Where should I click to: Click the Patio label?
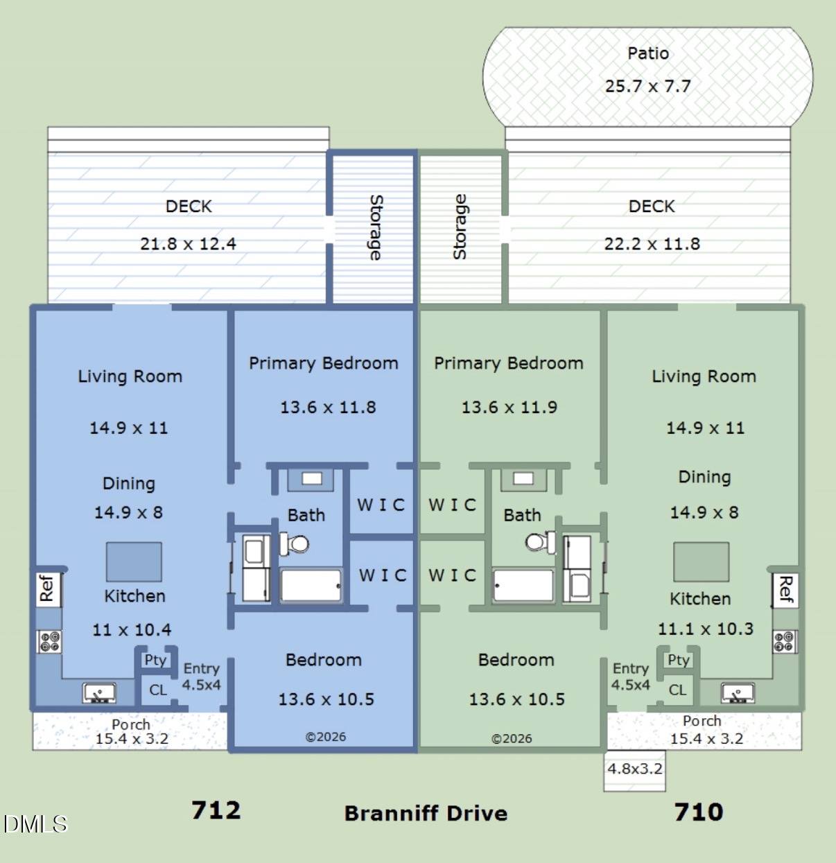click(x=648, y=53)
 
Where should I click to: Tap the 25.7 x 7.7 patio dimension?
click(x=648, y=86)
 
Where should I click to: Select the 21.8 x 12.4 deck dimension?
click(x=188, y=244)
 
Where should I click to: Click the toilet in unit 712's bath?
click(x=294, y=543)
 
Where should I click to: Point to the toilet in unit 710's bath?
click(x=540, y=542)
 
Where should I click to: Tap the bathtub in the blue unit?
click(x=311, y=586)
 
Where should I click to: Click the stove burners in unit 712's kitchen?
click(x=49, y=642)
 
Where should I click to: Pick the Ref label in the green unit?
click(x=785, y=590)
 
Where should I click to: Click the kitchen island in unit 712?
click(x=134, y=561)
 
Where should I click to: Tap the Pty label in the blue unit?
click(x=155, y=661)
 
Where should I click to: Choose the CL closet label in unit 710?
click(x=677, y=690)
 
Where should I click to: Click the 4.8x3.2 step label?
click(x=635, y=769)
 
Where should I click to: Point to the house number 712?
click(x=216, y=810)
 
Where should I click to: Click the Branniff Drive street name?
click(x=426, y=813)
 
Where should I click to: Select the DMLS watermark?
click(x=35, y=824)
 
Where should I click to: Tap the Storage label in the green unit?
click(x=460, y=227)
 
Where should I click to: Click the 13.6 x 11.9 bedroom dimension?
click(x=509, y=407)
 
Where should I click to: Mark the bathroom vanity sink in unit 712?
click(x=312, y=478)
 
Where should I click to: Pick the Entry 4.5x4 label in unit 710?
click(x=631, y=677)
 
